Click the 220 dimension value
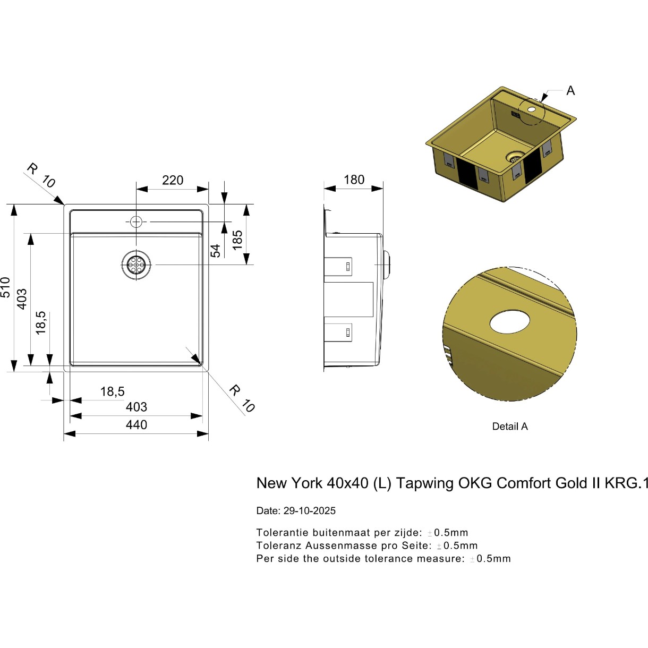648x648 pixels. (x=173, y=180)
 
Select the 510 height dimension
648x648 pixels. (x=6, y=287)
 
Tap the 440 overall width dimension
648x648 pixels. (x=136, y=425)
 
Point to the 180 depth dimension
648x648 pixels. (x=354, y=180)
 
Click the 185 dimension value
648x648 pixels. (x=237, y=240)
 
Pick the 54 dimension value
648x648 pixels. (x=215, y=251)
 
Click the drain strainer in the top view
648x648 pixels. (x=136, y=265)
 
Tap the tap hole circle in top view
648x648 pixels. (x=136, y=221)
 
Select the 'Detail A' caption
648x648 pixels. (x=510, y=427)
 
